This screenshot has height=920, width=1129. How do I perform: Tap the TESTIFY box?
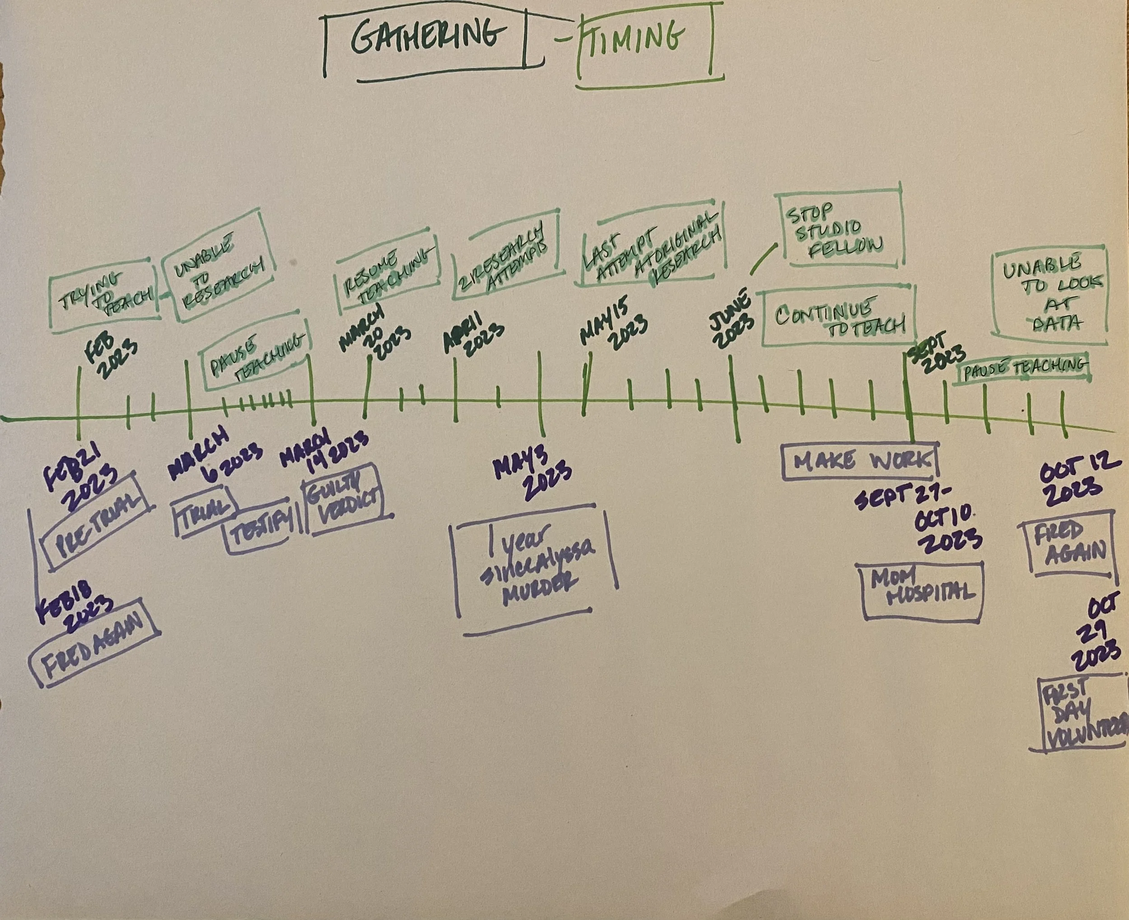pos(260,522)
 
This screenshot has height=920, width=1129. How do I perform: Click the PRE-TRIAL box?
pos(98,521)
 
